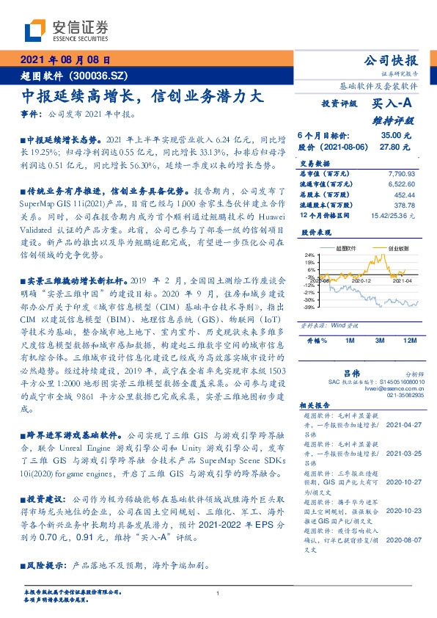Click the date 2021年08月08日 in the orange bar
(65, 61)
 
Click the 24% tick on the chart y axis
(310, 254)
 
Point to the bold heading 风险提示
(44, 567)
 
